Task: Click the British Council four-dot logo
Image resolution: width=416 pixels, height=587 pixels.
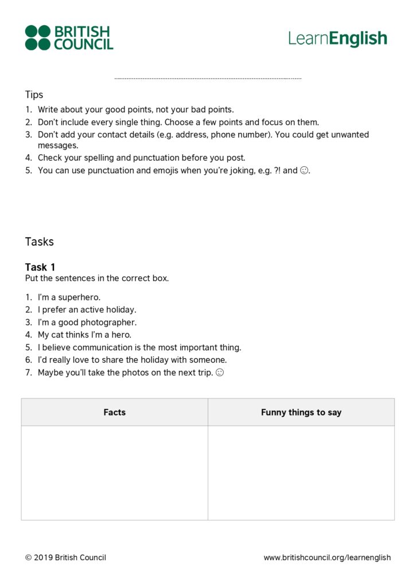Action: pyautogui.click(x=38, y=37)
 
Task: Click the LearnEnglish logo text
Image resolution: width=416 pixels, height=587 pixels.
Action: pyautogui.click(x=337, y=39)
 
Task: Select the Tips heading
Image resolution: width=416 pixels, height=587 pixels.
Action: pyautogui.click(x=34, y=95)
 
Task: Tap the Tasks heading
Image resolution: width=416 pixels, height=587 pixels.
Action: pyautogui.click(x=39, y=241)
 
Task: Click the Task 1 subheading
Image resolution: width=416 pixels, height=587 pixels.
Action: pyautogui.click(x=40, y=267)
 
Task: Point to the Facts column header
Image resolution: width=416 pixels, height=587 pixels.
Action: pyautogui.click(x=114, y=412)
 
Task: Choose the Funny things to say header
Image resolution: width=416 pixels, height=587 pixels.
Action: pyautogui.click(x=301, y=412)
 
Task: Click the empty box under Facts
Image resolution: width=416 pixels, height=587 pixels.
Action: pyautogui.click(x=114, y=472)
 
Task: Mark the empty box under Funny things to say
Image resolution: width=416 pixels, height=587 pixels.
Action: pyautogui.click(x=301, y=472)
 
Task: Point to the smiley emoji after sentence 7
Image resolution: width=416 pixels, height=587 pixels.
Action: pyautogui.click(x=219, y=373)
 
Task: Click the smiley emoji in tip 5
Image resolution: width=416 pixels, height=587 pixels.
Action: pyautogui.click(x=304, y=171)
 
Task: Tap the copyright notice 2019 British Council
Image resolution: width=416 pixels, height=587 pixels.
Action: pyautogui.click(x=65, y=557)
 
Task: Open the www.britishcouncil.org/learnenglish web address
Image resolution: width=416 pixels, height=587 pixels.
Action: pyautogui.click(x=327, y=557)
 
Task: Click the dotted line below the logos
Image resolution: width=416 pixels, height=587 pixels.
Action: pyautogui.click(x=208, y=79)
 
